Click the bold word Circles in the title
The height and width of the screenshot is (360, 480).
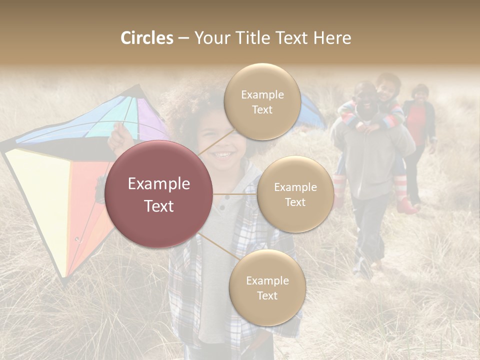pos(146,38)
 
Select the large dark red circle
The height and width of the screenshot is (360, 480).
pos(159,194)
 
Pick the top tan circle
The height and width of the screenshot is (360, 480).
pos(262,101)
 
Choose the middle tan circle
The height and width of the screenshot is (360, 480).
pos(295,194)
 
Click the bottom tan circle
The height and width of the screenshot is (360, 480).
pos(267,287)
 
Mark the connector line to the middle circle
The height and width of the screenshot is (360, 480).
pos(235,194)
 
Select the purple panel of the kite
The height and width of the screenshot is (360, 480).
pos(150,120)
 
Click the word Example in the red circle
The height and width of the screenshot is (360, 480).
pos(159,184)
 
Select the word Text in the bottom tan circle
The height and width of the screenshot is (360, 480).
pos(267,295)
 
